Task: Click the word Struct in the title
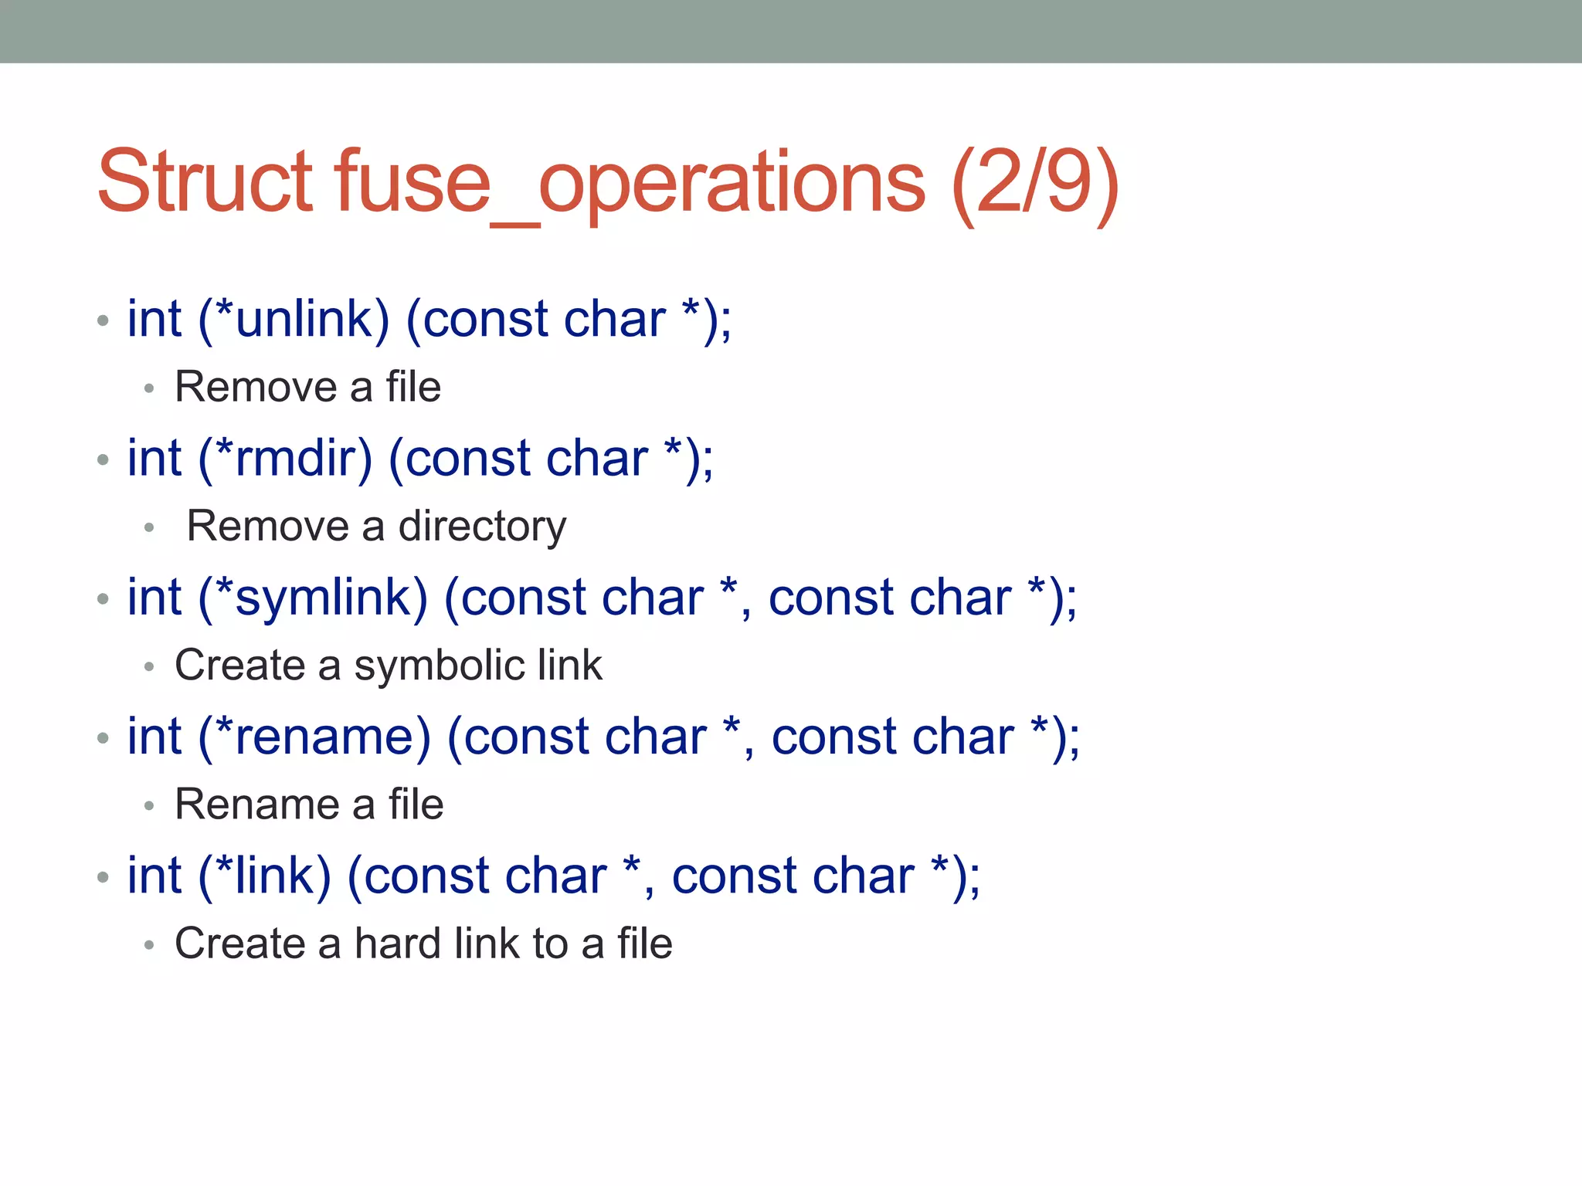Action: point(205,182)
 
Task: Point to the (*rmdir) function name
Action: point(285,459)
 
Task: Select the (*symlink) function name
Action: point(313,598)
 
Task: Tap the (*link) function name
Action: point(264,876)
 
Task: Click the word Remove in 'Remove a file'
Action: point(256,387)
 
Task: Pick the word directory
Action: point(482,527)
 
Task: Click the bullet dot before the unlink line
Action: point(104,320)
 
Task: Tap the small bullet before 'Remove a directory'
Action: point(150,528)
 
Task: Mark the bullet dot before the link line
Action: point(104,877)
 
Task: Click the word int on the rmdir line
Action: point(154,459)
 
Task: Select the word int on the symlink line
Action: point(154,598)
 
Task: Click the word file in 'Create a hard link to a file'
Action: point(644,944)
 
